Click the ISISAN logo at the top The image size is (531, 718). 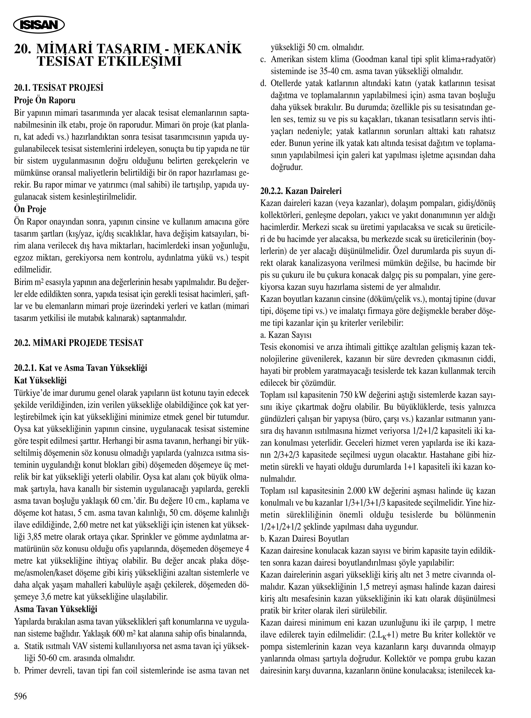39,25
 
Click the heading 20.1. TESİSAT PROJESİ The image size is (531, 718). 59,88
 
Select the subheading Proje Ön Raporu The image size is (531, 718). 45,100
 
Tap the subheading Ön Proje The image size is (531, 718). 30,209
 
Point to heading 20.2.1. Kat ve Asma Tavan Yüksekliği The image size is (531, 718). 81,368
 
